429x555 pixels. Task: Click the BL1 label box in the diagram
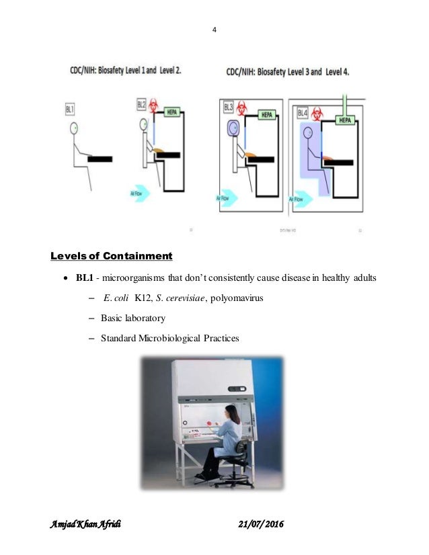[71, 107]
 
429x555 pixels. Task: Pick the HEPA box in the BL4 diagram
[345, 120]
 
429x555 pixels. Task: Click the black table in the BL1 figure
[100, 158]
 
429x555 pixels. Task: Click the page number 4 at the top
[214, 28]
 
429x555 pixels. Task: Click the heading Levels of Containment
[112, 256]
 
